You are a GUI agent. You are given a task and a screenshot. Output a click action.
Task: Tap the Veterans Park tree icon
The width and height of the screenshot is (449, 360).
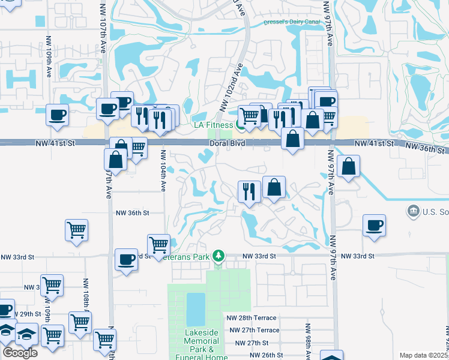point(219,256)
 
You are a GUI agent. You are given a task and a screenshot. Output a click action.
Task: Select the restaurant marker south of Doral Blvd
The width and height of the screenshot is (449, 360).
point(249,192)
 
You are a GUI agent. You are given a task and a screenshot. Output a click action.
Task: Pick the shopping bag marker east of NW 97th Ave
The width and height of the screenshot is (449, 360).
point(348,166)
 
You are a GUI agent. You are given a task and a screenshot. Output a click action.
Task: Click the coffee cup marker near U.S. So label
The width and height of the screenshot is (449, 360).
point(374,226)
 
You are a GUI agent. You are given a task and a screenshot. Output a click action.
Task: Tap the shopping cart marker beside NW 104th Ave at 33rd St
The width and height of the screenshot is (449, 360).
point(158,244)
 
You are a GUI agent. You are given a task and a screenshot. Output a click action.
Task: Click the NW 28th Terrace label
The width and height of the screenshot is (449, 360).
point(251,318)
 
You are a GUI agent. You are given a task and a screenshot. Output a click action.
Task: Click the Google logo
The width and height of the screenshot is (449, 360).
point(20,353)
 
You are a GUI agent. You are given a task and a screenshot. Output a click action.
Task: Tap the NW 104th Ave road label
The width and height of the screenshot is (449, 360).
point(163,170)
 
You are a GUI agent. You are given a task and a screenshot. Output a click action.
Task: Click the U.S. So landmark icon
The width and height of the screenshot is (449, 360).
point(413,211)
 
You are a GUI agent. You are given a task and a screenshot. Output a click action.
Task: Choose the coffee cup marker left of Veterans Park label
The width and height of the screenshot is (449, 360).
point(126,259)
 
